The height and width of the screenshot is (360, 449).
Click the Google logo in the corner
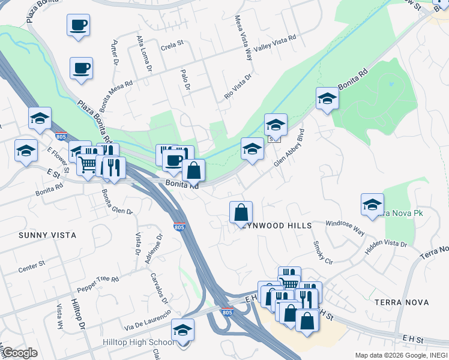click(x=19, y=353)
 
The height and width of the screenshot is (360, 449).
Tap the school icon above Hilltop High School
click(x=182, y=331)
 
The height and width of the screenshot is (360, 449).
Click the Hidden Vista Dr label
click(x=386, y=245)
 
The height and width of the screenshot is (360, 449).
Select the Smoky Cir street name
click(x=322, y=253)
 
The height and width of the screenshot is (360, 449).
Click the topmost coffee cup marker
click(x=78, y=25)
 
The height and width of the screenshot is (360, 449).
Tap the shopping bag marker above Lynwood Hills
click(x=241, y=212)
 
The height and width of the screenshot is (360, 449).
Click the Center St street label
click(x=32, y=263)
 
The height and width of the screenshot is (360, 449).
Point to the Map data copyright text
click(x=401, y=355)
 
